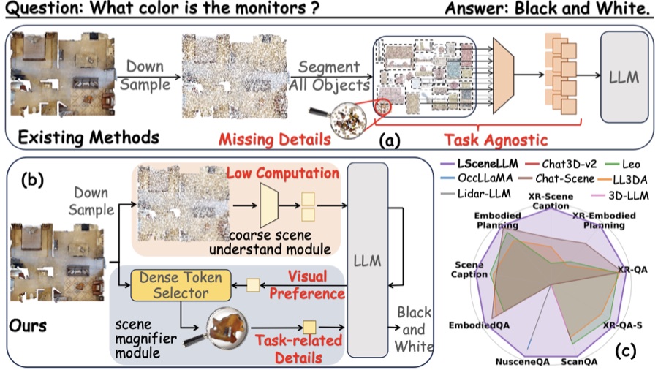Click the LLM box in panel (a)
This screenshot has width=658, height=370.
(624, 78)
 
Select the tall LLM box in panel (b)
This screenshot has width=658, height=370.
(367, 260)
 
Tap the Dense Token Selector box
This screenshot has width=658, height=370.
(181, 285)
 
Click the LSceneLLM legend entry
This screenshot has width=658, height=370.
(480, 164)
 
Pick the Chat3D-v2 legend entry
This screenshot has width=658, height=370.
(561, 164)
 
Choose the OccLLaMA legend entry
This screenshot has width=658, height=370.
(477, 178)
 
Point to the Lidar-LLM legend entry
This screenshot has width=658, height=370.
(475, 193)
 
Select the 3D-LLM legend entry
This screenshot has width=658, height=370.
(619, 195)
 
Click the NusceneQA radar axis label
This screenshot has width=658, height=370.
(522, 362)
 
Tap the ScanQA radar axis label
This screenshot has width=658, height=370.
(579, 362)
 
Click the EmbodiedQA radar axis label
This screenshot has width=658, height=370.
(479, 325)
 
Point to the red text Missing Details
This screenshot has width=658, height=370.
(275, 139)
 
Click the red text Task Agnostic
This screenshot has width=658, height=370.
(496, 140)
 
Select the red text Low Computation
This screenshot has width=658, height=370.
(282, 173)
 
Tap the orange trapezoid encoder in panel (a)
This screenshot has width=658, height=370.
(503, 75)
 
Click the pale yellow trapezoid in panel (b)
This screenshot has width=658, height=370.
(269, 205)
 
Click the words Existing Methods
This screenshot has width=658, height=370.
(88, 137)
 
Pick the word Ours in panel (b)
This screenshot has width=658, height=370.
(28, 325)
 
